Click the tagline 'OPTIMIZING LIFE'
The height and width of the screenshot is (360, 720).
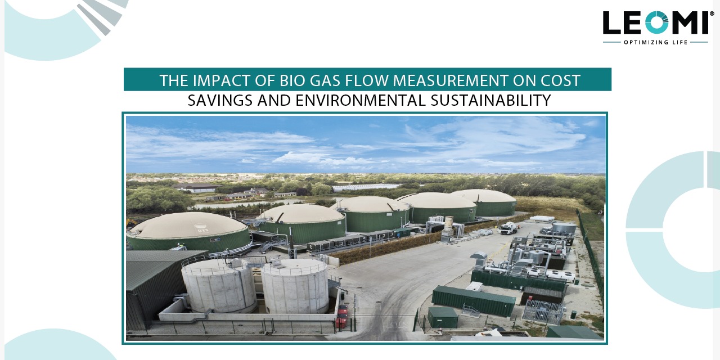tap(655, 42)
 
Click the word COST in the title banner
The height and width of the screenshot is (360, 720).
tap(561, 80)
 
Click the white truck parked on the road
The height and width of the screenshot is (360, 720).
tap(508, 227)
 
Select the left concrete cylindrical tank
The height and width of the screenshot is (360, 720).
tap(218, 285)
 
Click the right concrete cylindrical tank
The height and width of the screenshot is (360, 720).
tap(294, 285)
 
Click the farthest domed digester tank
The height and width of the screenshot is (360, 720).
tap(484, 201)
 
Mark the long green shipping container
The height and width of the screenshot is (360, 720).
tap(473, 300)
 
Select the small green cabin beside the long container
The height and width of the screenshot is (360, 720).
tap(442, 317)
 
